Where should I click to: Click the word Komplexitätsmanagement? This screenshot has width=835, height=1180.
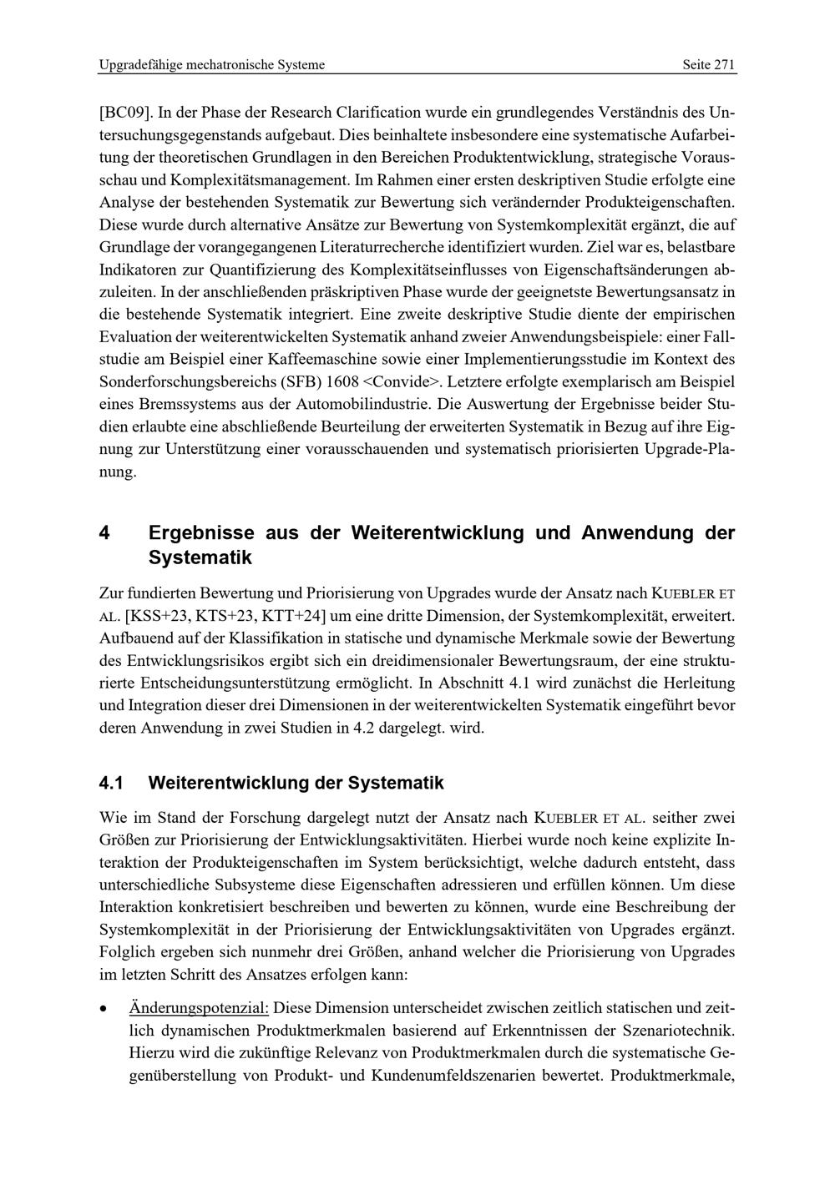pyautogui.click(x=260, y=179)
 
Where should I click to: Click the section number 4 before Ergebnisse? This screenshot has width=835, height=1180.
pyautogui.click(x=104, y=532)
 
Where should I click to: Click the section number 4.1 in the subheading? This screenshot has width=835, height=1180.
pyautogui.click(x=111, y=783)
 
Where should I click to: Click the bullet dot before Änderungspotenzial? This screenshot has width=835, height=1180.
pyautogui.click(x=103, y=1009)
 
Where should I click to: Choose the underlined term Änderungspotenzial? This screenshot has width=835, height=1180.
pyautogui.click(x=199, y=1008)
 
